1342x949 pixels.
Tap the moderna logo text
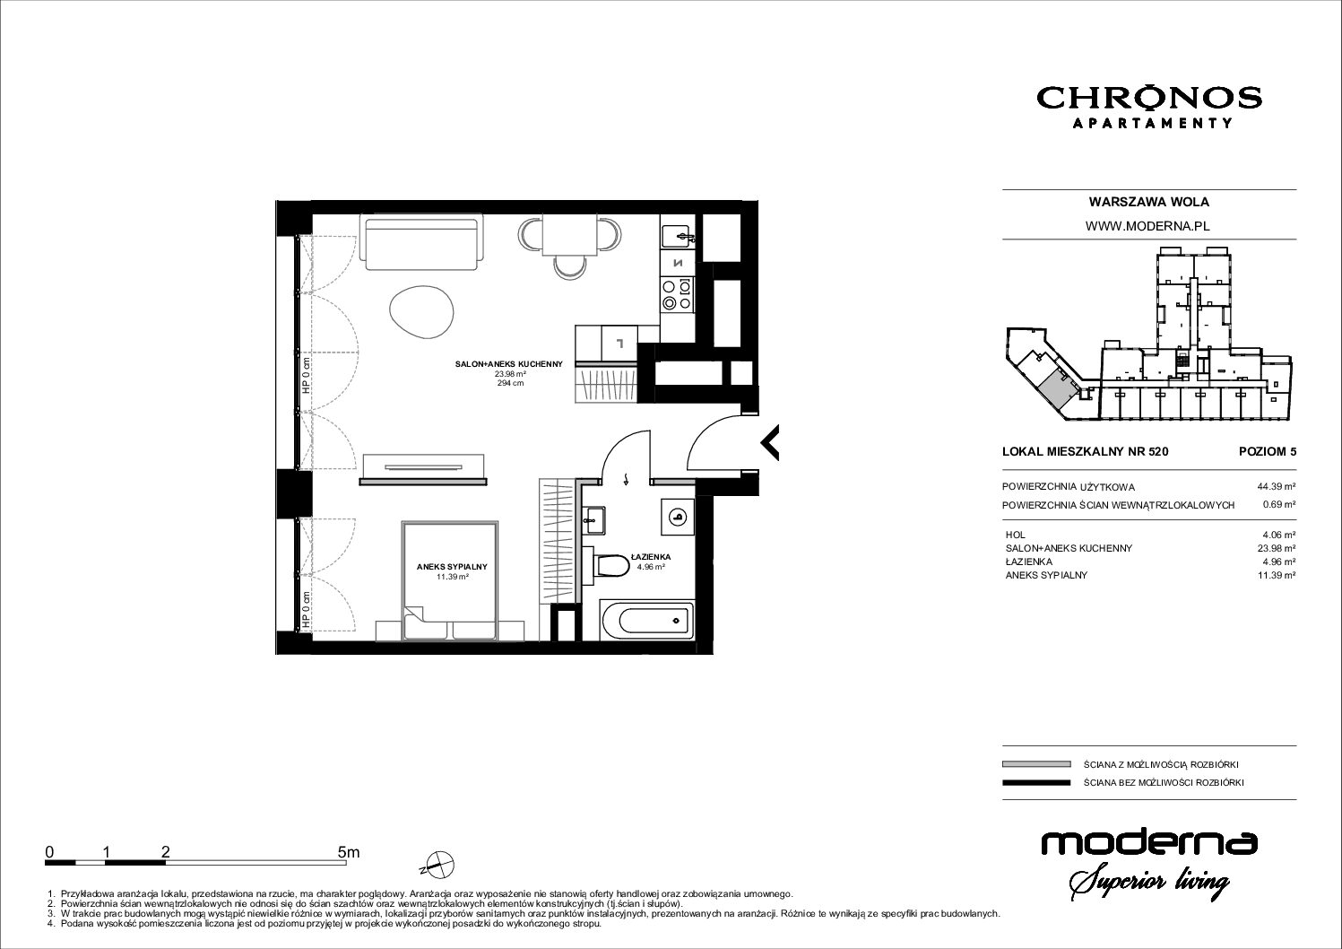pyautogui.click(x=1149, y=843)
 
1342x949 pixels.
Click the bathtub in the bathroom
pyautogui.click(x=647, y=621)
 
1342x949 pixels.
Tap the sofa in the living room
pyautogui.click(x=420, y=245)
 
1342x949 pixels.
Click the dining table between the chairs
pyautogui.click(x=570, y=234)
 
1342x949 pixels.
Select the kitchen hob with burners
pyautogui.click(x=678, y=295)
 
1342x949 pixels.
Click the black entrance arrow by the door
pyautogui.click(x=770, y=442)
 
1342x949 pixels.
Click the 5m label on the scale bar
pyautogui.click(x=349, y=852)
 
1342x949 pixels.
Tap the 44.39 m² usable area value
pyautogui.click(x=1276, y=487)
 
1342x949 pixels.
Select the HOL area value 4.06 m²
pyautogui.click(x=1278, y=535)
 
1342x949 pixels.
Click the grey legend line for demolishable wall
pyautogui.click(x=1036, y=764)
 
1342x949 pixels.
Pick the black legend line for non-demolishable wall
pyautogui.click(x=1036, y=782)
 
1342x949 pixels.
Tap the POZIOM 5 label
pyautogui.click(x=1268, y=451)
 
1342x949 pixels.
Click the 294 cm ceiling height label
pyautogui.click(x=510, y=383)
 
